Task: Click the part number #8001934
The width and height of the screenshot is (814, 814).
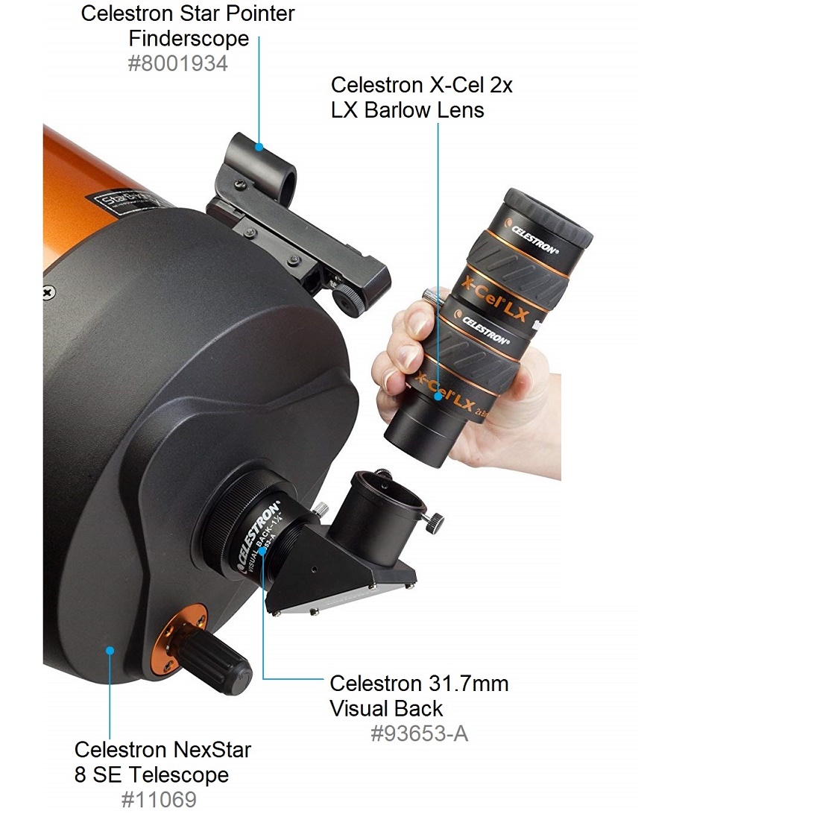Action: (x=177, y=63)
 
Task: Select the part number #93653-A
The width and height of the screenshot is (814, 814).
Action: (x=419, y=733)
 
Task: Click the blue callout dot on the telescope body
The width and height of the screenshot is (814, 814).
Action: (x=110, y=650)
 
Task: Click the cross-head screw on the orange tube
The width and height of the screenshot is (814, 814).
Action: (x=49, y=293)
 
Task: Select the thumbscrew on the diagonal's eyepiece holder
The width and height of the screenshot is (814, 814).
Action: (x=433, y=522)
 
